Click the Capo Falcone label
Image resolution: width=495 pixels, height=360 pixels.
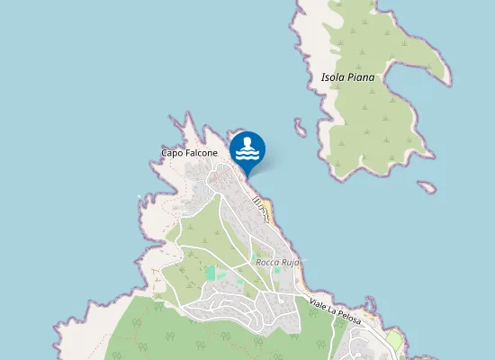[x=189, y=153]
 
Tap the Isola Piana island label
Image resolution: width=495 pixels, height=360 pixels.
[x=347, y=77]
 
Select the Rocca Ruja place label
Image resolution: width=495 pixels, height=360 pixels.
[x=276, y=262]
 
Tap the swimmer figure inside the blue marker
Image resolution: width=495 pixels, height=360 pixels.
[x=247, y=144]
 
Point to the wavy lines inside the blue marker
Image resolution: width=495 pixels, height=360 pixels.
[x=247, y=155]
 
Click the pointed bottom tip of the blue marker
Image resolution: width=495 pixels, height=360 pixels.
[x=247, y=175]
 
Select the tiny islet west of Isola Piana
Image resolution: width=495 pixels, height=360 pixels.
[x=300, y=128]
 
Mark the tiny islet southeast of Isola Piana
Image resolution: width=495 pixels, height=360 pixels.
[x=427, y=187]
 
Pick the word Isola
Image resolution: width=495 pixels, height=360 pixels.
[x=333, y=77]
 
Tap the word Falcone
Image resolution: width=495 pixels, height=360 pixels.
[x=201, y=153]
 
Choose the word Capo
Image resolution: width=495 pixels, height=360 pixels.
[x=172, y=153]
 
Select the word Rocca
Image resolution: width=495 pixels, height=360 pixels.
[x=267, y=262]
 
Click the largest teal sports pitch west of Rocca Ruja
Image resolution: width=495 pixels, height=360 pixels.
[x=211, y=272]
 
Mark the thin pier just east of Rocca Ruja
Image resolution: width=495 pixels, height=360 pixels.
[x=304, y=262]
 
